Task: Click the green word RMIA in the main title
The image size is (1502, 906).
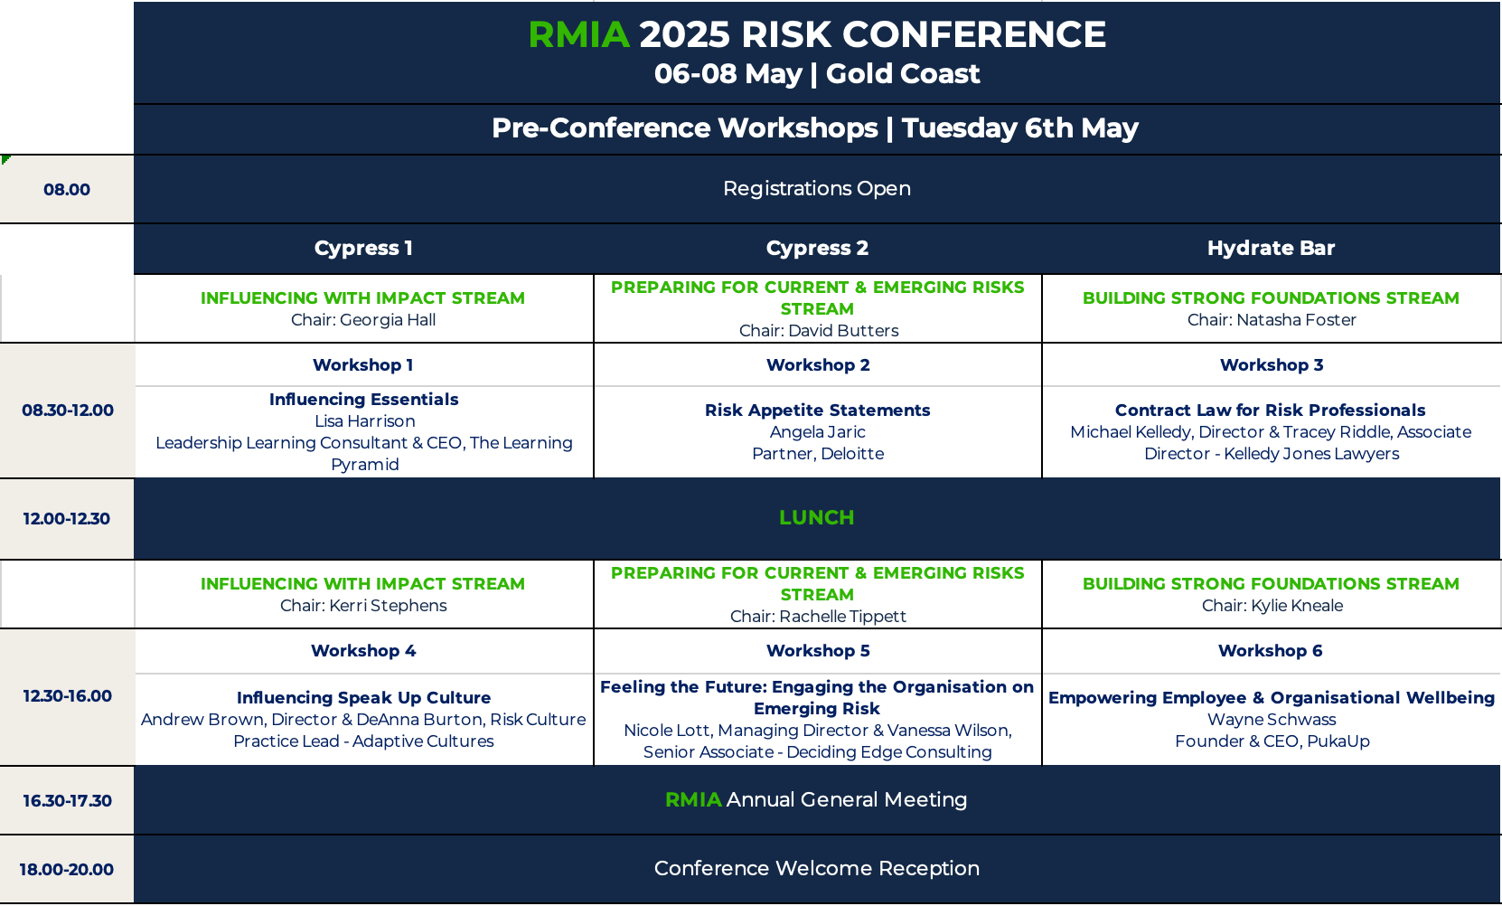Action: [578, 35]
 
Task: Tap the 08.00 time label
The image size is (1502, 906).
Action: [66, 189]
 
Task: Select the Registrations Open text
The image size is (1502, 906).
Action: [817, 189]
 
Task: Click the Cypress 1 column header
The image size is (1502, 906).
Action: [363, 248]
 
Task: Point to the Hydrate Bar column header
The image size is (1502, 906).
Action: [1271, 248]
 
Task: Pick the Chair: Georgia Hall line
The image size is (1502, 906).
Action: [363, 319]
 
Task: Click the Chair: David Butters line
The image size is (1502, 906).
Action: [819, 330]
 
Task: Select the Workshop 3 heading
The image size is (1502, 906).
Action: [1272, 365]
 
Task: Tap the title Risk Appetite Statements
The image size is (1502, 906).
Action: [817, 410]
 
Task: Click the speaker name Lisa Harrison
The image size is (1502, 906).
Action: [365, 420]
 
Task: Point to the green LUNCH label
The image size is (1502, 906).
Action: [817, 517]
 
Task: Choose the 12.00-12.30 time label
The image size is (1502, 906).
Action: [66, 519]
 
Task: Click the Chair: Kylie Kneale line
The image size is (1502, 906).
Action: [1272, 605]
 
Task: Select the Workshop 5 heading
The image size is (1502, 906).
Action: [818, 651]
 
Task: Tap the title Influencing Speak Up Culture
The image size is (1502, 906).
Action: [363, 698]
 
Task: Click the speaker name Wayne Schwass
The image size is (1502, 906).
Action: [1272, 720]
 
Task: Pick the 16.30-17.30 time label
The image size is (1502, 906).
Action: [67, 800]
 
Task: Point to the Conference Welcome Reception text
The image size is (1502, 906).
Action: [817, 868]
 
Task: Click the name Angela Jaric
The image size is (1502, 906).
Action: [817, 432]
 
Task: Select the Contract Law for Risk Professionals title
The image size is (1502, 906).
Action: [1270, 410]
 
